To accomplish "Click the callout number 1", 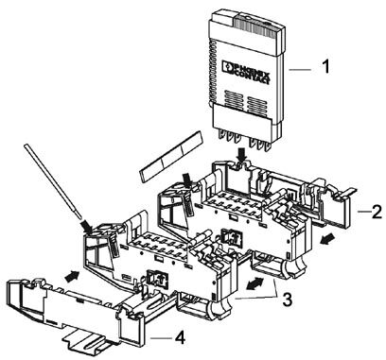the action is [325, 67].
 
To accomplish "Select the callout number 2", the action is [377, 212].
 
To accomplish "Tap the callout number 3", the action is [287, 300].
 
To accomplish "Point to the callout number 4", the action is [180, 338].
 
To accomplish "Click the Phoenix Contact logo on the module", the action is [246, 72].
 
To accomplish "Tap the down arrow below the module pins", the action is [241, 156].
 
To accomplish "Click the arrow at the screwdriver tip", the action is [86, 227].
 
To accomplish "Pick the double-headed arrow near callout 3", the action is [255, 283].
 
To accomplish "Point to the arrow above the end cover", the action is [72, 275].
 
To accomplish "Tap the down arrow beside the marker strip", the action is [187, 180].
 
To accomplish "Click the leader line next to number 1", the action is [300, 70].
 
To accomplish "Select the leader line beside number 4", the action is [161, 339].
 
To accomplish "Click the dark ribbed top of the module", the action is [256, 26].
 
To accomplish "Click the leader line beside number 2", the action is [364, 213].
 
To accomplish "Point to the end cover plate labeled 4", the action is [76, 307].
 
